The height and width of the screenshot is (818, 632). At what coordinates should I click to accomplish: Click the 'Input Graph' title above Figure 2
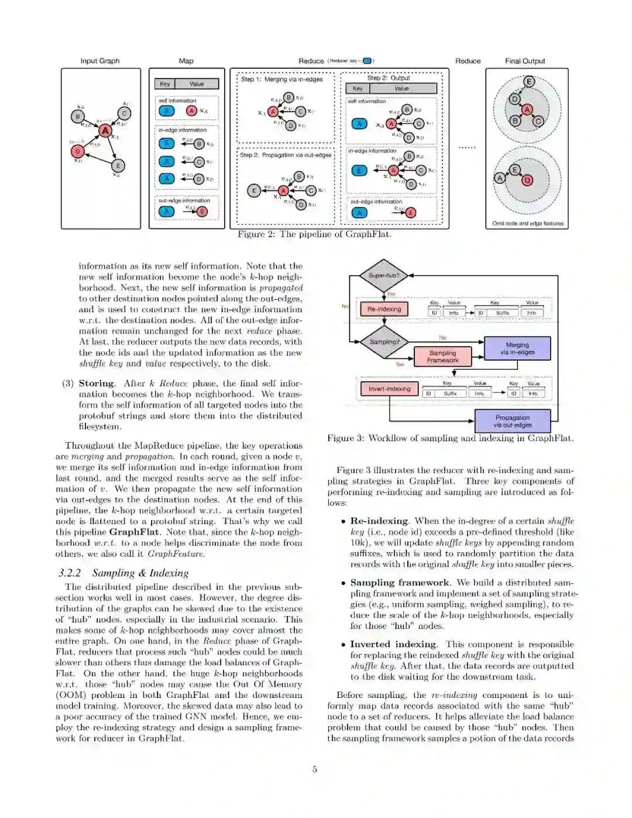click(x=99, y=61)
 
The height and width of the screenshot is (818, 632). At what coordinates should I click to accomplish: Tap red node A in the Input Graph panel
click(x=105, y=131)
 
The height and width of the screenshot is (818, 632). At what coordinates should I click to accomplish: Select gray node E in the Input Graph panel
click(x=118, y=166)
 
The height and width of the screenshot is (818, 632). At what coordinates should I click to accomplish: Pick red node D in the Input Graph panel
click(x=78, y=152)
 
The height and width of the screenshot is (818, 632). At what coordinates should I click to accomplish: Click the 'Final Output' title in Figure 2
click(x=525, y=61)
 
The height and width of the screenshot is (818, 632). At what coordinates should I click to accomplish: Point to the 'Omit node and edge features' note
click(x=527, y=223)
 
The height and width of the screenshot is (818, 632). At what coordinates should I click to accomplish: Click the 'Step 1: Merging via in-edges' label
click(x=281, y=80)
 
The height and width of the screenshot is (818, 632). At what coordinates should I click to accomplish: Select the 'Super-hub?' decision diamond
click(x=384, y=275)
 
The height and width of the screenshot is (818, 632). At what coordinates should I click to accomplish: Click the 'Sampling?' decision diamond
click(x=384, y=341)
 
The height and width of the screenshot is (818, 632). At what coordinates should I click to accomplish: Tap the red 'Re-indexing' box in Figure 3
click(x=384, y=309)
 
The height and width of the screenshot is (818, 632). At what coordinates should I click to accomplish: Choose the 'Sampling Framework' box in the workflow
click(x=442, y=357)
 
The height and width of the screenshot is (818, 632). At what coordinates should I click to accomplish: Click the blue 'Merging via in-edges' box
click(x=517, y=348)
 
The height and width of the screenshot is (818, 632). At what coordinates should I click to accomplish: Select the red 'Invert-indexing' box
click(x=389, y=388)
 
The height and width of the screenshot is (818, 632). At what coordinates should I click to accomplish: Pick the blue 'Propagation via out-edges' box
click(x=513, y=421)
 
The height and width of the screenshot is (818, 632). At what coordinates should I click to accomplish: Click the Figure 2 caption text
click(x=314, y=234)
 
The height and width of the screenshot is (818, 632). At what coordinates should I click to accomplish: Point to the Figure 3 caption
click(x=450, y=438)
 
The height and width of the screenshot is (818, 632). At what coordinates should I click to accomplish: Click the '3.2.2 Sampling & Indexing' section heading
click(x=123, y=573)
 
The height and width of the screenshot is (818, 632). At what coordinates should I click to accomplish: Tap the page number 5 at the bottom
click(x=315, y=769)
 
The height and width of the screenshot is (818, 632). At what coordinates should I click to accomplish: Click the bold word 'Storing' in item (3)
click(x=97, y=383)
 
